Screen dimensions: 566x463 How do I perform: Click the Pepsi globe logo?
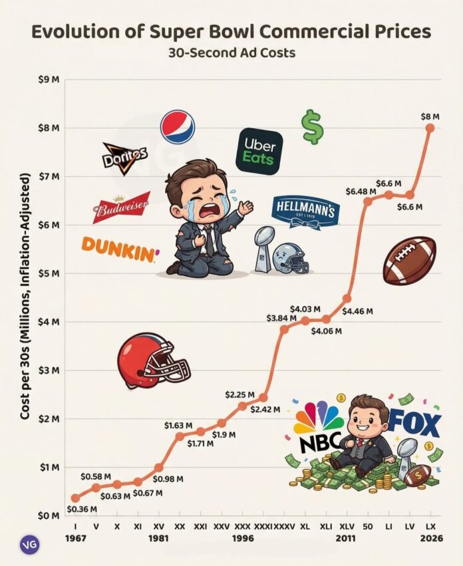coord(178,127)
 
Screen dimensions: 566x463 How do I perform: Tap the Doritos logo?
coord(124,158)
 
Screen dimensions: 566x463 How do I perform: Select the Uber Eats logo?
coord(260,151)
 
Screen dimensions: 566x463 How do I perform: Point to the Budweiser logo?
coord(121,208)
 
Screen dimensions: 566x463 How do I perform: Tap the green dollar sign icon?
coord(311,126)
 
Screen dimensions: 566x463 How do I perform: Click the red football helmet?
coord(152,362)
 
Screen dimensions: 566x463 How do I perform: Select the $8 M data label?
coord(430,116)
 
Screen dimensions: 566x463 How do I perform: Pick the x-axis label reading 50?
coord(367,525)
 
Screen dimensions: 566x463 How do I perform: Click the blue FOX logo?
coord(414,424)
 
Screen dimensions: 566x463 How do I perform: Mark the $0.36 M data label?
coord(82,509)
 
